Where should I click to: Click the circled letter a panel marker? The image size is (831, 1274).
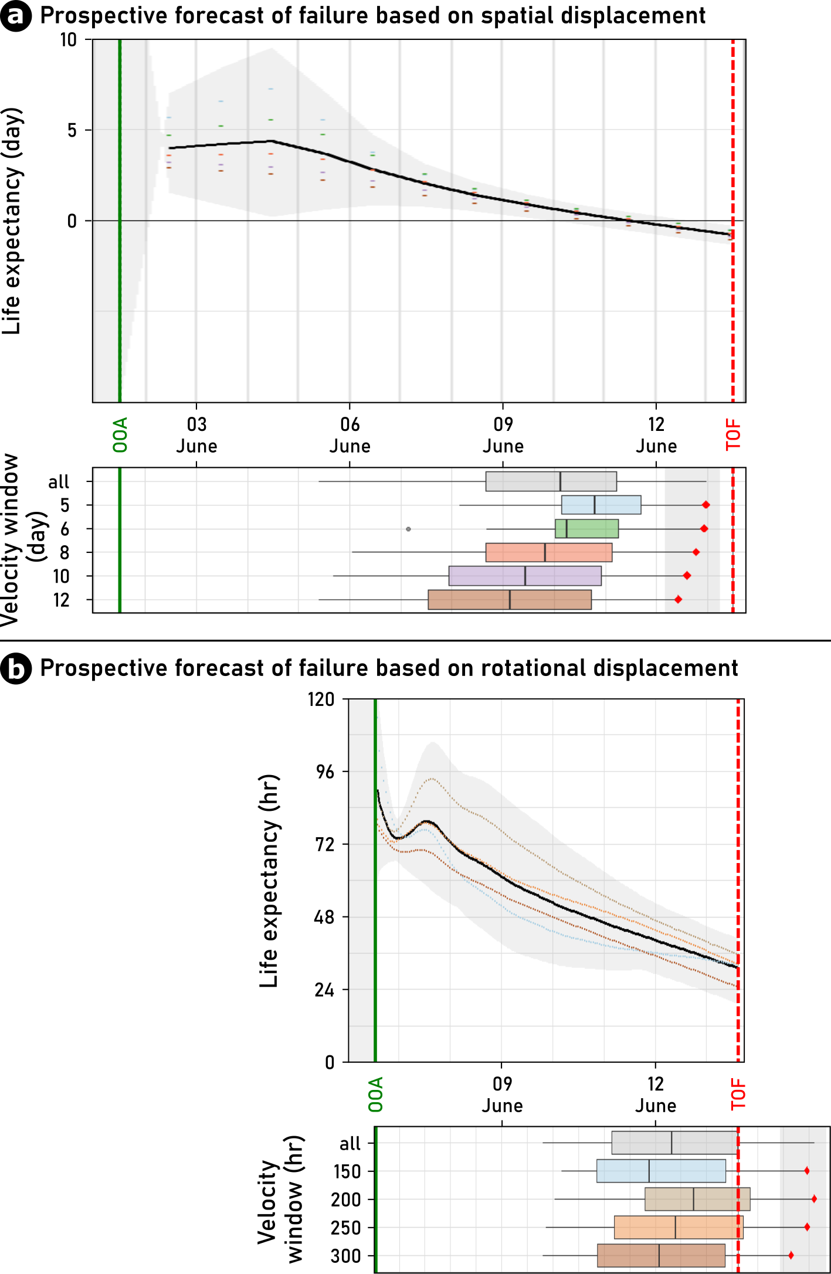pyautogui.click(x=16, y=16)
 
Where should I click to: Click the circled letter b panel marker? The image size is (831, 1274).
pyautogui.click(x=16, y=669)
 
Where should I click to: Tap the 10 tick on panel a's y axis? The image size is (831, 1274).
pyautogui.click(x=69, y=40)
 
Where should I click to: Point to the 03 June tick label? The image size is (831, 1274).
pyautogui.click(x=196, y=435)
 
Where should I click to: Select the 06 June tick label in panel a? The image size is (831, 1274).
pyautogui.click(x=350, y=435)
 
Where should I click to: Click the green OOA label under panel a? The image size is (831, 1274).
pyautogui.click(x=120, y=435)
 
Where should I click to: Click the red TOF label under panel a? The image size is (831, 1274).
pyautogui.click(x=733, y=435)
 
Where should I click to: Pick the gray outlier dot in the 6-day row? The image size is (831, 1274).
pyautogui.click(x=409, y=529)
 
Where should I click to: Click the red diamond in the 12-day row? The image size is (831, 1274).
pyautogui.click(x=678, y=599)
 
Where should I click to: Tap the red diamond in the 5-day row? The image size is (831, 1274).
pyautogui.click(x=706, y=505)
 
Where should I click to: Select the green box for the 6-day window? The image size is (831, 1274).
pyautogui.click(x=586, y=529)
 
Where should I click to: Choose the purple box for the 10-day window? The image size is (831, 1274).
pyautogui.click(x=525, y=576)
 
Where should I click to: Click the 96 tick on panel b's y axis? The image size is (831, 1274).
pyautogui.click(x=324, y=772)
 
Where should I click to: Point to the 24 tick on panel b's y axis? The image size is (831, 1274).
pyautogui.click(x=324, y=990)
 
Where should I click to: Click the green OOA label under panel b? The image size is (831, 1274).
pyautogui.click(x=375, y=1094)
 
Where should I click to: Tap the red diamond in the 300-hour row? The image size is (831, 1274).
pyautogui.click(x=791, y=1255)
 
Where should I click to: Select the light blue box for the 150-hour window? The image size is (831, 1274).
pyautogui.click(x=661, y=1171)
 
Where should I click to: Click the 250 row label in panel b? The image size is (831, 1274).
pyautogui.click(x=345, y=1228)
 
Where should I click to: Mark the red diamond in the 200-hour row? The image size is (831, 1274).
pyautogui.click(x=814, y=1199)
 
